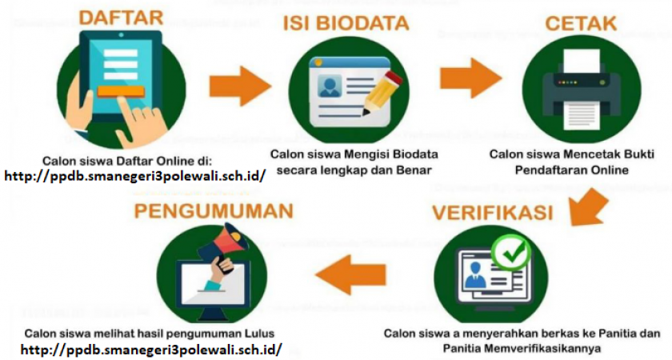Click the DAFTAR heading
tap(122, 18)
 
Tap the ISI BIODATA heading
tap(346, 23)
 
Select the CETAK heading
tap(581, 23)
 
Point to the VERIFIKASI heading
tap(493, 213)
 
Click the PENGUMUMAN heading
tap(214, 211)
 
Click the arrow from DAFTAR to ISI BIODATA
tap(240, 86)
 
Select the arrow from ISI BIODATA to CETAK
tap(470, 78)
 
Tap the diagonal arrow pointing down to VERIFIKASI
tap(590, 206)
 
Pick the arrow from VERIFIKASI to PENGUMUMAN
tap(350, 274)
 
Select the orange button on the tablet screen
tap(121, 91)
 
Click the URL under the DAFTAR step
tap(135, 176)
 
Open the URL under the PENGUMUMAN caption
tap(151, 349)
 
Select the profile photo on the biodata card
tap(329, 86)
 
